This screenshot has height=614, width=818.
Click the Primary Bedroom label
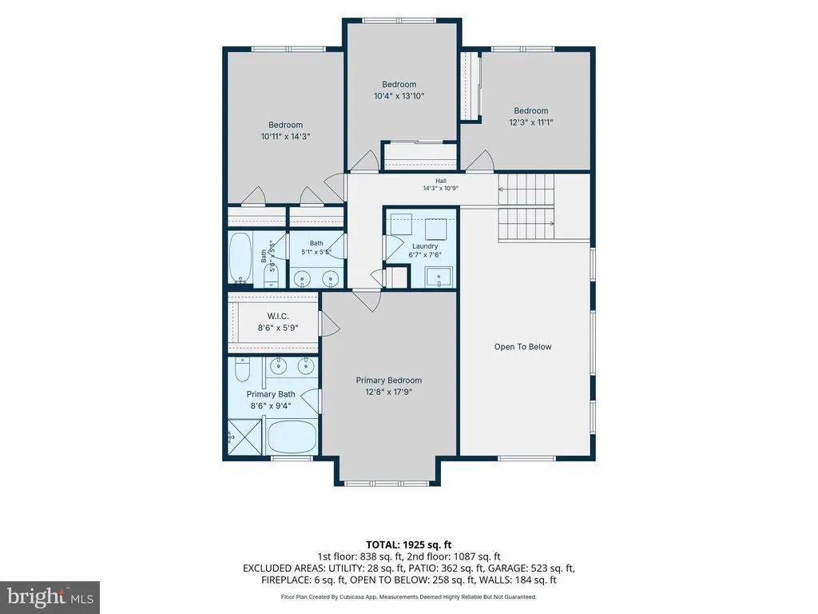coord(389,380)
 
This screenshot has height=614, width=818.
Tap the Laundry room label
coord(425,246)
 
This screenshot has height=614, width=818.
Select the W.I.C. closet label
coord(278,316)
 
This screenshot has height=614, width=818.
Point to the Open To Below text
coord(522,347)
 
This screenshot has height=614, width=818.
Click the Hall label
coord(441,181)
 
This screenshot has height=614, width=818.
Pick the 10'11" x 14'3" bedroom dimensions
coord(285,136)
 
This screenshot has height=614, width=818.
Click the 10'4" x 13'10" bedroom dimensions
coord(399,96)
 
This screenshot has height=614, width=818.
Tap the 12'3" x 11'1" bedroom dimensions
coord(531,122)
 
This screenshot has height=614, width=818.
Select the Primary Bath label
coord(271,394)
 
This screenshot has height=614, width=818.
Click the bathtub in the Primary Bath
coord(292,437)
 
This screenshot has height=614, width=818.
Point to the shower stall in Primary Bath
coord(247,437)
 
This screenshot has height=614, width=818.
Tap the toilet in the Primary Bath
coord(243,369)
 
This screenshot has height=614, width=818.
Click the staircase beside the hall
coord(526,207)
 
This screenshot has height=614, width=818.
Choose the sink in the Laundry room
coord(439,277)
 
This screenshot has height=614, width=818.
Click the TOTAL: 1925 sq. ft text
coord(408,545)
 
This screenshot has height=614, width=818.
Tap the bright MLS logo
coord(50,596)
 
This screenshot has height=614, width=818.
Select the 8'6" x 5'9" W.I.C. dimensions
coord(278,328)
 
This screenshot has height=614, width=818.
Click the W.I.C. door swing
coord(329,325)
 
